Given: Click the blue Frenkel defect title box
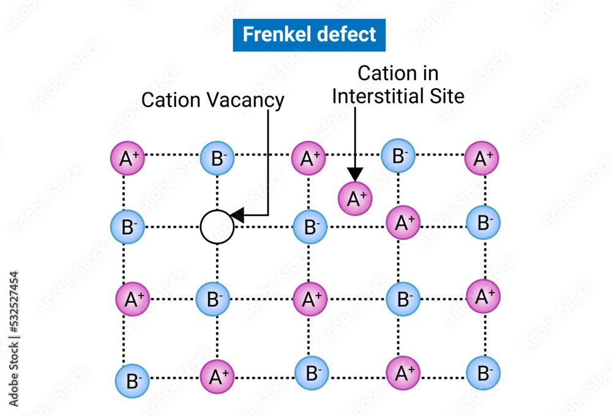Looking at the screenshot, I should point(309,35).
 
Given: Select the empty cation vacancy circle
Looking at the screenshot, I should point(217,227).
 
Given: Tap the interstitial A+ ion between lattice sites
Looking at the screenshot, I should point(355,198).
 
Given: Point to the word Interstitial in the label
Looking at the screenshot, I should point(386,95).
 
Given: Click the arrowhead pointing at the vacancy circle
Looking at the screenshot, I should point(237,215).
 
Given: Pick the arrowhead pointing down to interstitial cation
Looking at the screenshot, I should point(355,175).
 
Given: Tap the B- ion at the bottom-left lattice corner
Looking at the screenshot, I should point(132,381).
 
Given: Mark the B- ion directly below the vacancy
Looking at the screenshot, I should point(213,300).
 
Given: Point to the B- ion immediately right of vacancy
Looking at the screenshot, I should point(310,227).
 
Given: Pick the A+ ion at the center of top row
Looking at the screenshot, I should point(308,158).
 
